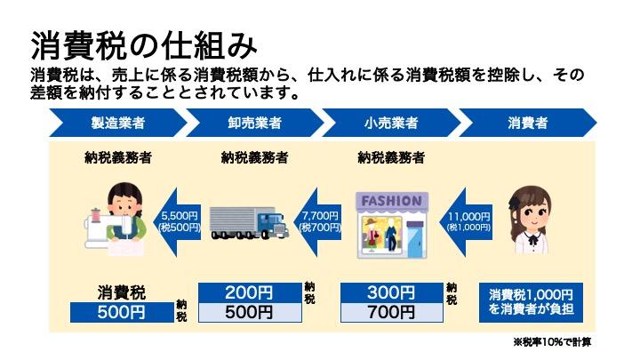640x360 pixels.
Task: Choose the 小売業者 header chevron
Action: tap(391, 121)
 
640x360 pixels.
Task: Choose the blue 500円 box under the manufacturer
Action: tap(121, 312)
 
